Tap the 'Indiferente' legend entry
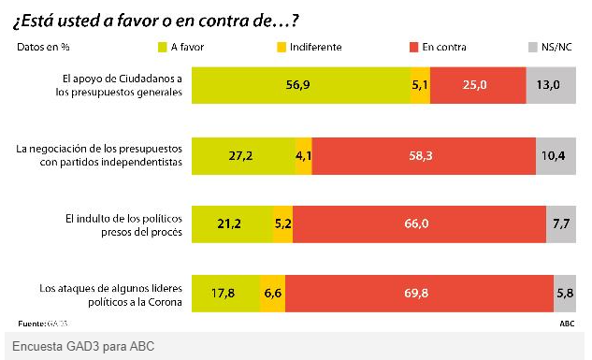pyautogui.click(x=308, y=47)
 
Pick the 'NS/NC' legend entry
pyautogui.click(x=552, y=47)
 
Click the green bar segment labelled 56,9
pyautogui.click(x=301, y=85)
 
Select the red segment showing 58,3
pyautogui.click(x=423, y=155)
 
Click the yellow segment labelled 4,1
pyautogui.click(x=303, y=155)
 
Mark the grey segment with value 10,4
pyautogui.click(x=555, y=155)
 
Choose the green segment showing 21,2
pyautogui.click(x=231, y=224)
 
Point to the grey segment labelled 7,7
pyautogui.click(x=561, y=224)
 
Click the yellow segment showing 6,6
pyautogui.click(x=272, y=293)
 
